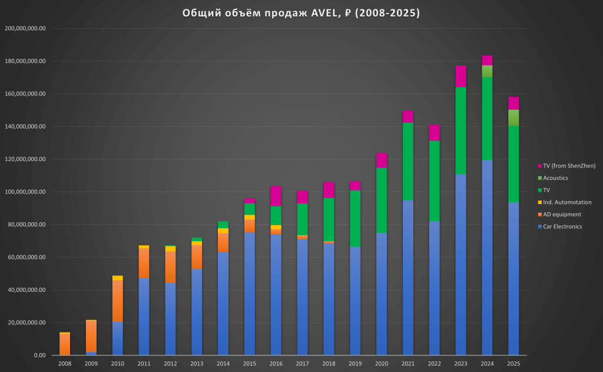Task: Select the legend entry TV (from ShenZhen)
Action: tap(568, 165)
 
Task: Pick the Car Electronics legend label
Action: tap(562, 226)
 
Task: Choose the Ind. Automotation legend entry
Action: tap(567, 202)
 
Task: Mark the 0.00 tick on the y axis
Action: tap(39, 355)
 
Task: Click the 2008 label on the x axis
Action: tap(65, 364)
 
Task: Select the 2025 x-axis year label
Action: tap(513, 364)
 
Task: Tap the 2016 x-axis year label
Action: tap(276, 364)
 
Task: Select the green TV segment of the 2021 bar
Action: tap(407, 162)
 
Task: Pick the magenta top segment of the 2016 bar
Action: tap(276, 196)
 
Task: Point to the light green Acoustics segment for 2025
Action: tap(513, 118)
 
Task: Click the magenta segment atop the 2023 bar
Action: tap(460, 76)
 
